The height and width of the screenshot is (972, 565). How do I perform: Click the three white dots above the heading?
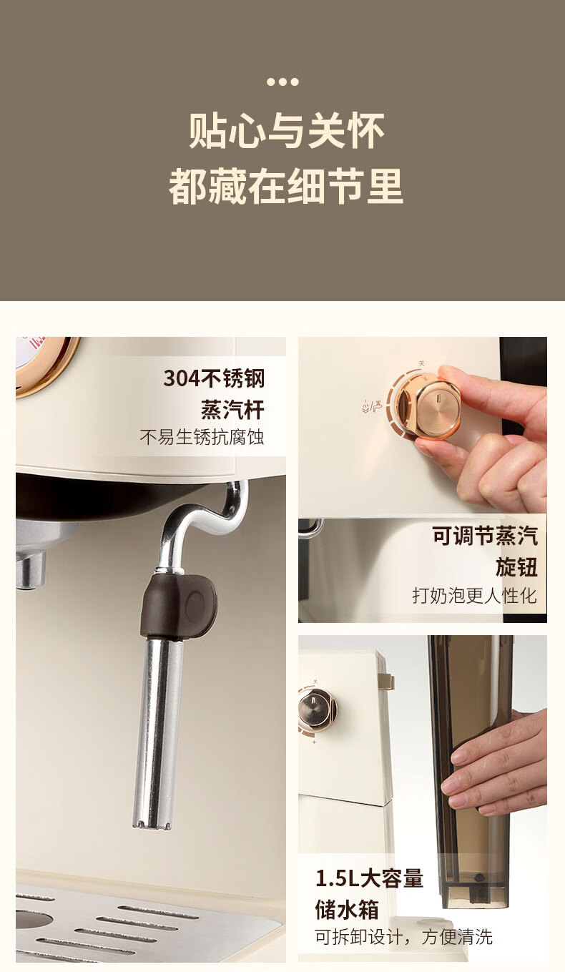(282, 82)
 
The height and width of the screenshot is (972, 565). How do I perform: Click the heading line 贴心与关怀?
(286, 131)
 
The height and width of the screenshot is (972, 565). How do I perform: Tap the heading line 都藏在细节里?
(286, 187)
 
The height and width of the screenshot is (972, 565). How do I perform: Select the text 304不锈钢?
(214, 378)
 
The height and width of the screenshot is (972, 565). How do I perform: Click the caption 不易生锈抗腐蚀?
(202, 437)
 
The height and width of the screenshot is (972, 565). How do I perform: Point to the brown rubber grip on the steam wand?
(178, 607)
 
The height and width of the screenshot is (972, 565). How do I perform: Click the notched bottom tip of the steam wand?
(152, 823)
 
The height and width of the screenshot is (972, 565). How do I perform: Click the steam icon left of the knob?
(372, 406)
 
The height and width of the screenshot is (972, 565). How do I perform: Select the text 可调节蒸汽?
(485, 536)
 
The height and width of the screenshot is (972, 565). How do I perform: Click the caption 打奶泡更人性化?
(475, 595)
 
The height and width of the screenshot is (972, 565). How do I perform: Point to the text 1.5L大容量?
(369, 878)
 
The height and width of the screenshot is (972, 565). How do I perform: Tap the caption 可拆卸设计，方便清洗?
(403, 937)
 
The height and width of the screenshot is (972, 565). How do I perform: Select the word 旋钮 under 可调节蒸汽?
(516, 567)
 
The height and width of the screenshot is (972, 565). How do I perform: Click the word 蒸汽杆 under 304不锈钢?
(232, 410)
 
